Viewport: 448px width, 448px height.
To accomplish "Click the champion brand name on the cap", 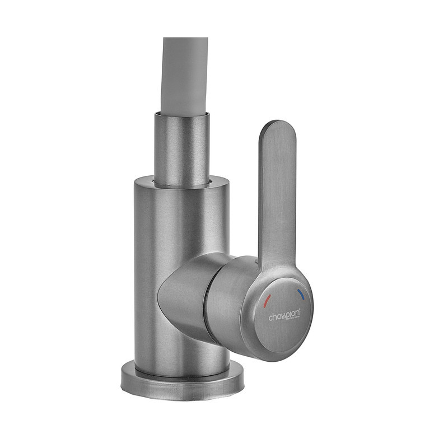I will point(283,316).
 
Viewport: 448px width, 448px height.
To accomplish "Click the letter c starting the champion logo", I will point(271,318).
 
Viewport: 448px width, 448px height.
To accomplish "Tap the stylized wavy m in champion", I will point(283,316).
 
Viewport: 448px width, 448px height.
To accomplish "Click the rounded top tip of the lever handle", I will point(278,127).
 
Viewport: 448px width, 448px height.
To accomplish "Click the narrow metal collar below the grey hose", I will point(182,148).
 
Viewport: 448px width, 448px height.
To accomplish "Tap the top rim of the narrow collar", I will point(182,114).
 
